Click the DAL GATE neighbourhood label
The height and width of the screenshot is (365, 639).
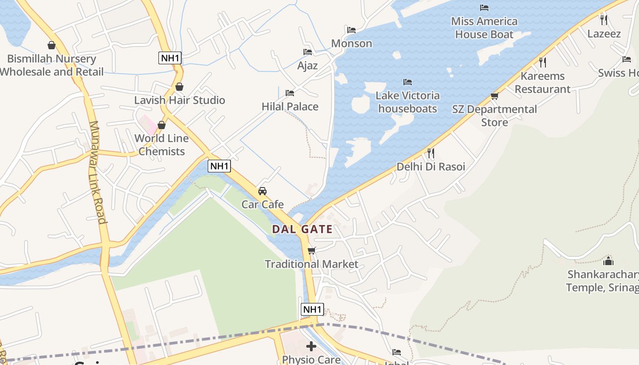point(303,229)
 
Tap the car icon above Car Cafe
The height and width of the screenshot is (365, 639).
point(262,191)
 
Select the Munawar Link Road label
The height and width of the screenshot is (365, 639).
point(97,172)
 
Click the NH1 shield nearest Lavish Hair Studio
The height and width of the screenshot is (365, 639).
point(170,58)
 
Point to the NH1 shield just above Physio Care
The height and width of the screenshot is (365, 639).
point(313,309)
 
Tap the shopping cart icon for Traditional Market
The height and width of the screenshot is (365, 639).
point(312,251)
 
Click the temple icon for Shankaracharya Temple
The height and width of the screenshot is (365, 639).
point(608,261)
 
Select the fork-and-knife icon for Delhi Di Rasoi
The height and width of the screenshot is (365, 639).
point(430,153)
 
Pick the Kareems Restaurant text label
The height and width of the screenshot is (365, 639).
point(543,83)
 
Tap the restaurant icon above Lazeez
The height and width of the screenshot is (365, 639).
point(603,20)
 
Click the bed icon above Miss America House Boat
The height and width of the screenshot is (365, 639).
point(484,8)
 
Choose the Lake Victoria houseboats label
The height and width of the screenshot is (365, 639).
point(408,102)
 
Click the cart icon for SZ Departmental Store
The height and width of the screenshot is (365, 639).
point(494,96)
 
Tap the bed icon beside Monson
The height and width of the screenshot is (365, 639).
point(351,30)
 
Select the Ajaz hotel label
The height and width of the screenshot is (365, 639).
point(307,66)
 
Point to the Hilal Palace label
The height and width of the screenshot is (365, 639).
point(290,107)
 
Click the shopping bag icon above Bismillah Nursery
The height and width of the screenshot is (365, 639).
point(52,45)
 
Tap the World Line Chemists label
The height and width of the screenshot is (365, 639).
point(162,145)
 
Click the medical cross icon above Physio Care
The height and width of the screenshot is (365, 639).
point(311,346)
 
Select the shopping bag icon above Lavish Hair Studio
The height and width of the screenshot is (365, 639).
point(179,87)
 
